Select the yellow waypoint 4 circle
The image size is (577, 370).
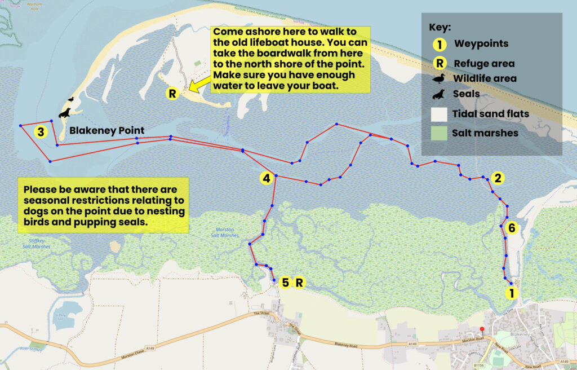[267, 178]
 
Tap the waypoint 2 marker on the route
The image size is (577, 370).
[497, 178]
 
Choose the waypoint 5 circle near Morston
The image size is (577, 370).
[285, 282]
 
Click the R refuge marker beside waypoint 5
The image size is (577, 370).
[300, 282]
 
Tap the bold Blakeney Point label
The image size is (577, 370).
[106, 131]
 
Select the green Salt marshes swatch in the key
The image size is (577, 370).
[439, 134]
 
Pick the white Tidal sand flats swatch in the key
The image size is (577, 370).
[439, 114]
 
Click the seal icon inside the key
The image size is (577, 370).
[439, 94]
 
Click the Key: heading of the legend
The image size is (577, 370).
[441, 27]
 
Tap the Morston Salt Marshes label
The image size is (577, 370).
[227, 232]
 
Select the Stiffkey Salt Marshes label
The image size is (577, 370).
[36, 244]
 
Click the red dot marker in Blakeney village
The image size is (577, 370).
[482, 329]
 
